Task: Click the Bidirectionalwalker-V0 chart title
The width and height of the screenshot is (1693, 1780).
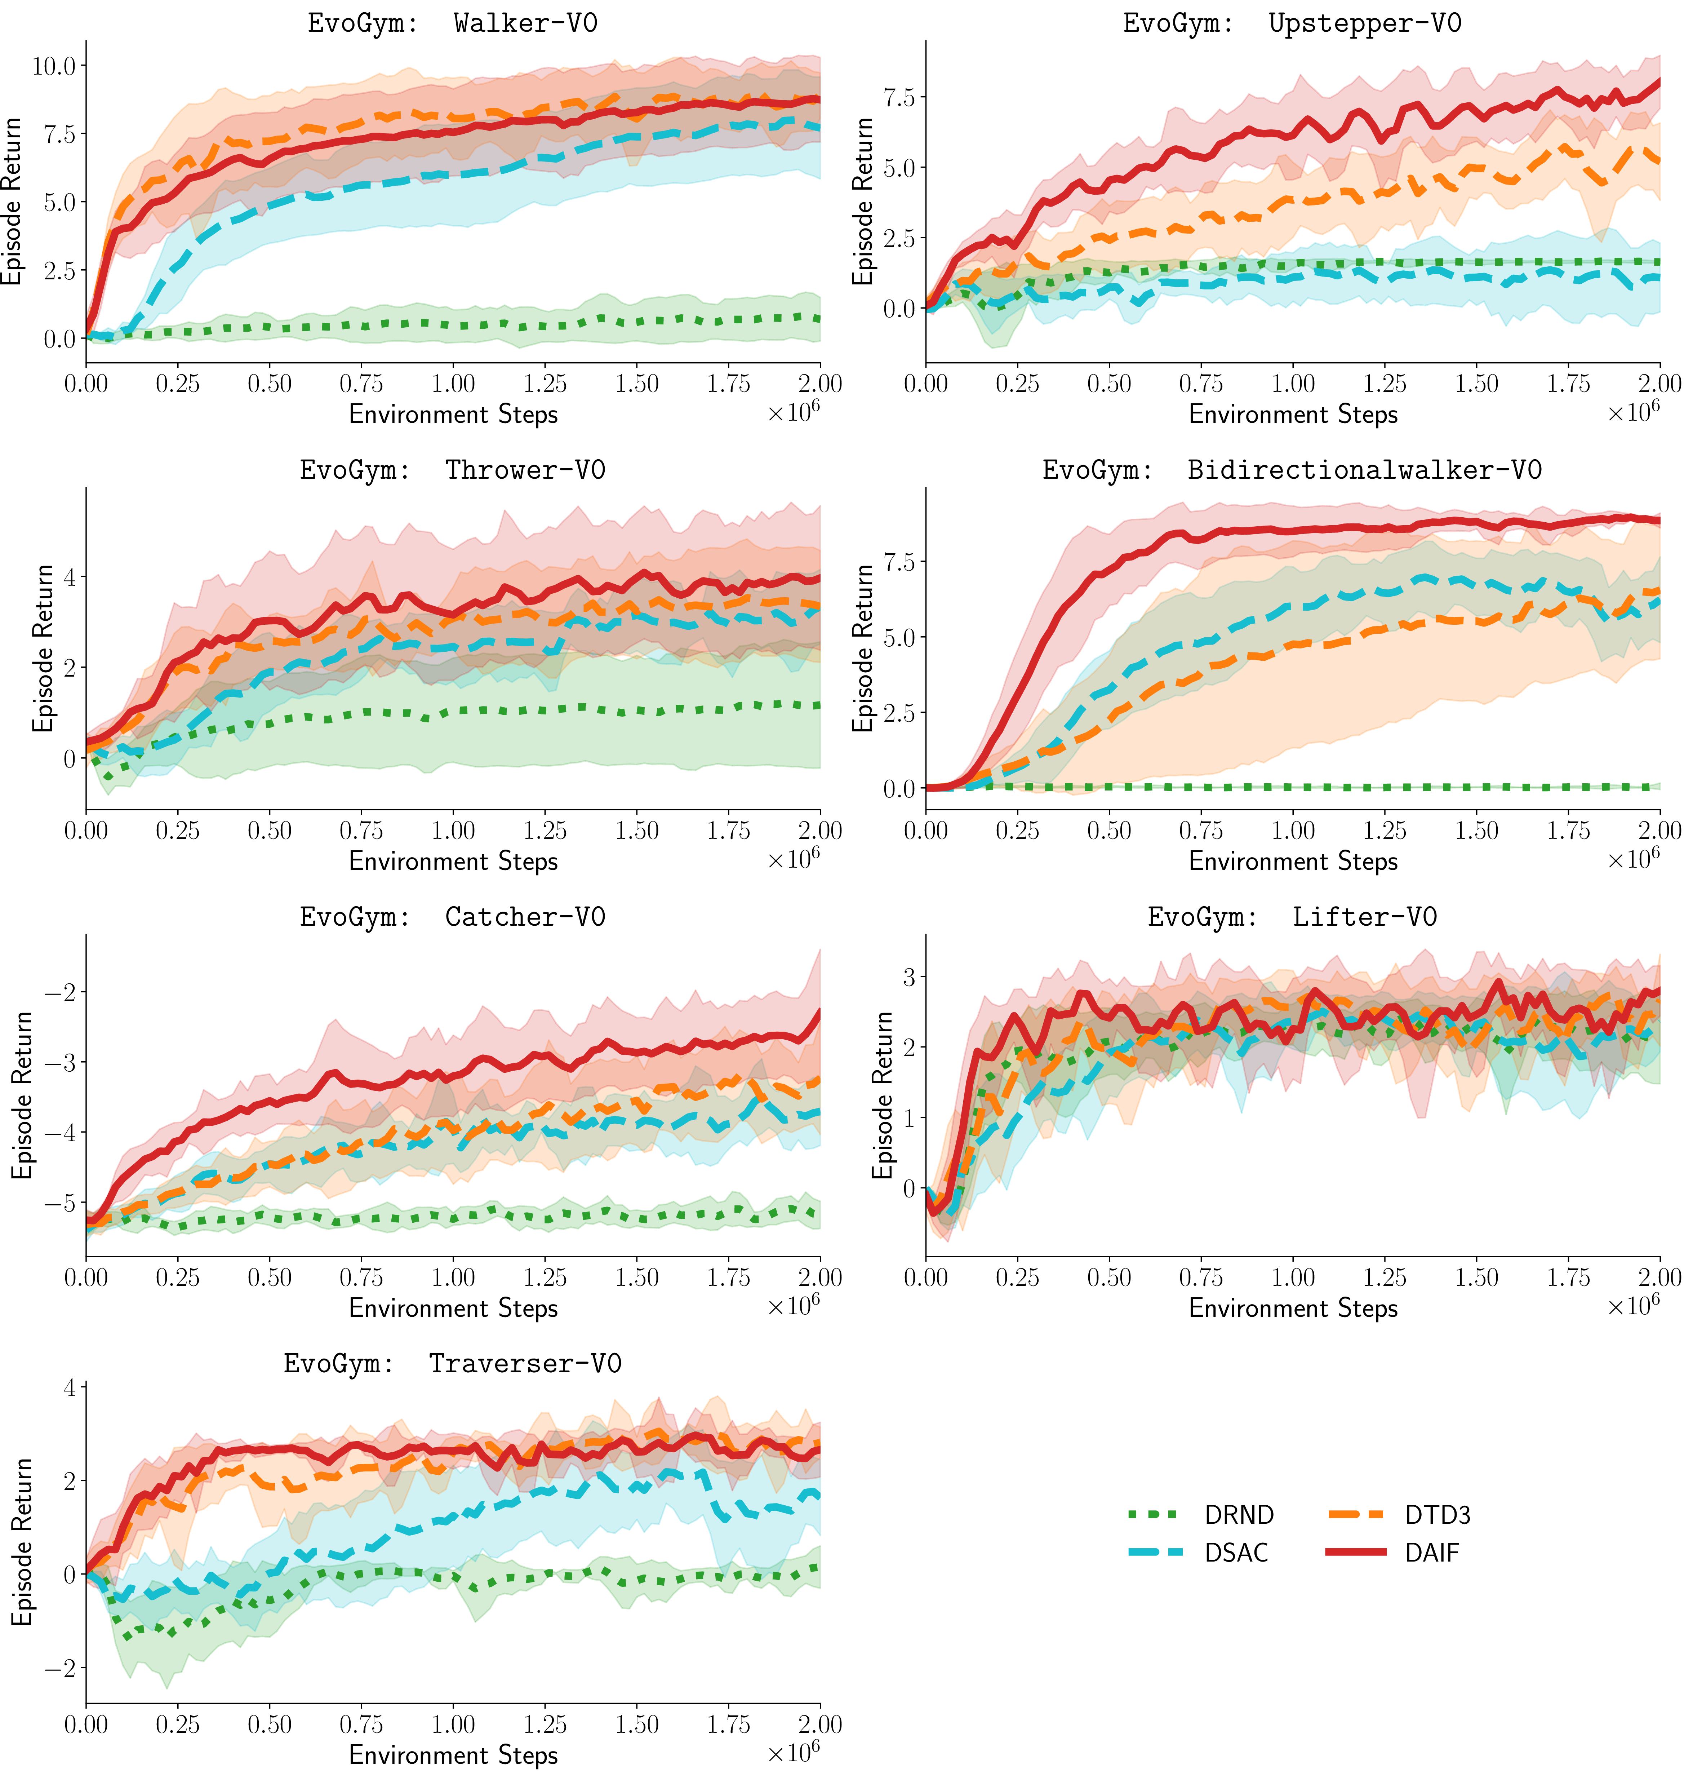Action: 1292,470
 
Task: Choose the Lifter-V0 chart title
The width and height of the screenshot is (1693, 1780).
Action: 1292,917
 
